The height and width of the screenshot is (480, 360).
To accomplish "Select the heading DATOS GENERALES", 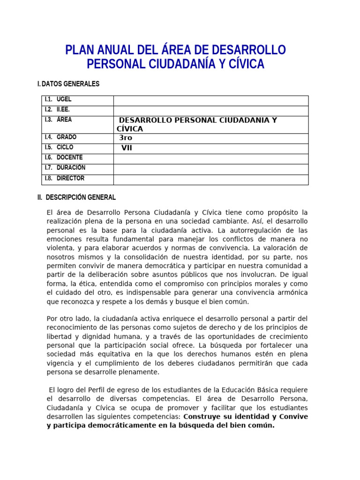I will tap(71, 84).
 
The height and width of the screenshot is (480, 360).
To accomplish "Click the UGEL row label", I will tap(64, 99).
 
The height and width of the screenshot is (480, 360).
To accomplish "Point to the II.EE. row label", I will tap(63, 110).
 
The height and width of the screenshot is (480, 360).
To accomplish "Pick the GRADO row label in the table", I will tap(67, 137).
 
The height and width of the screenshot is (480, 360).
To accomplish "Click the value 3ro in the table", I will tap(126, 138).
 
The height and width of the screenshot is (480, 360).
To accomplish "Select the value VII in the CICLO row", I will tap(127, 148).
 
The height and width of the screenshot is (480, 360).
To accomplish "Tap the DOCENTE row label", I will tap(69, 157).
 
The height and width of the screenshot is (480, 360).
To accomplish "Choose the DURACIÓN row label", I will tap(71, 168).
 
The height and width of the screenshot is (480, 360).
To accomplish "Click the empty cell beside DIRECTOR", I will tap(211, 179).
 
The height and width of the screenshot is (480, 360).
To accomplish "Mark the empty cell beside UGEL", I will tap(211, 100).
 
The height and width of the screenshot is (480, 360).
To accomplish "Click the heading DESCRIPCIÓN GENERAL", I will tap(81, 197).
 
